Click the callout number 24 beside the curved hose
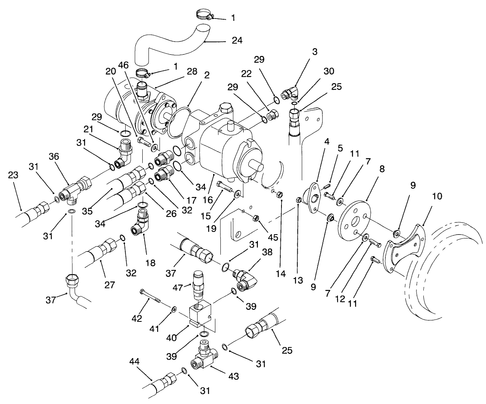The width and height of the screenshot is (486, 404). pyautogui.click(x=237, y=40)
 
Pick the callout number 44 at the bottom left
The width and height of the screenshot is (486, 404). pyautogui.click(x=134, y=362)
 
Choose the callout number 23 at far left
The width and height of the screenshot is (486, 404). pyautogui.click(x=13, y=174)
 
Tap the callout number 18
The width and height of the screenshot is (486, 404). pyautogui.click(x=150, y=263)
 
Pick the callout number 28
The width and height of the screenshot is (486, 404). pyautogui.click(x=192, y=71)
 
